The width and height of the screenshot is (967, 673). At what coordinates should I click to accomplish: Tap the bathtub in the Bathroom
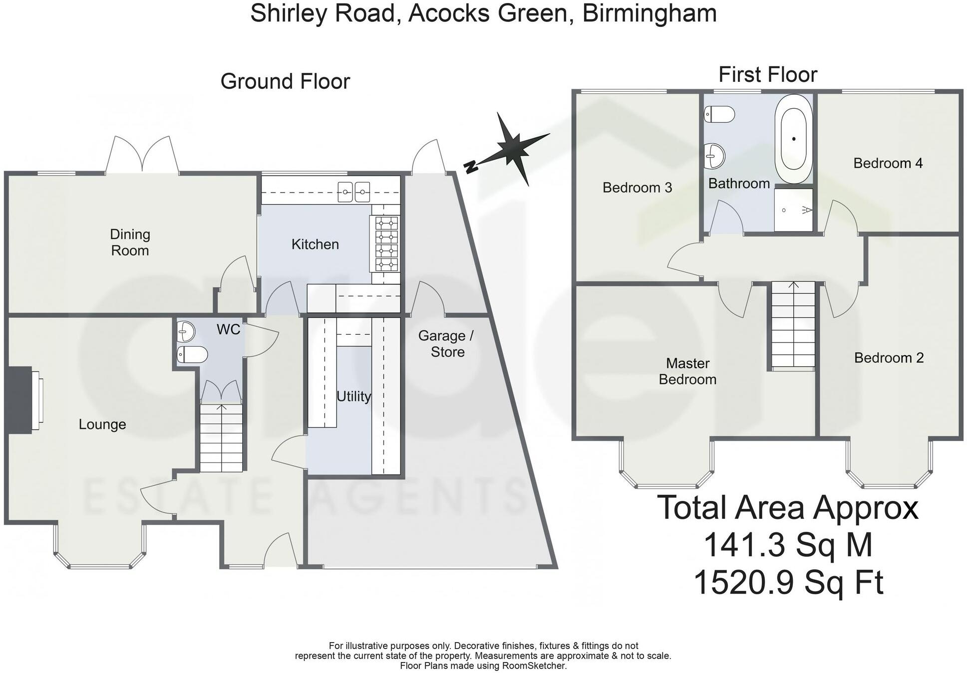click(793, 139)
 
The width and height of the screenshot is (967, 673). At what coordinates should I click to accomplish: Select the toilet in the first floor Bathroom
click(719, 114)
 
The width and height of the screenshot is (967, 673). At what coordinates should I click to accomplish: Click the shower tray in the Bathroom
click(793, 210)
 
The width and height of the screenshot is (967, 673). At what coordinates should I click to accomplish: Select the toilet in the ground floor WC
click(192, 355)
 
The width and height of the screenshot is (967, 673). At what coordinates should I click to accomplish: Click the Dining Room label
click(130, 242)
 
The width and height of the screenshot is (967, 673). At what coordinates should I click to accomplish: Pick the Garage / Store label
click(446, 344)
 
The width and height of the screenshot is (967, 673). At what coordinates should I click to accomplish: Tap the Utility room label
click(353, 397)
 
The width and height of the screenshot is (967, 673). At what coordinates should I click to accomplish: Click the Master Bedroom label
click(687, 371)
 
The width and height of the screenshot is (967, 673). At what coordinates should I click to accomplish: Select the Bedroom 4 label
click(888, 163)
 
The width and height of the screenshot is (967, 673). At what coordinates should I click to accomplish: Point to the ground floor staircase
click(221, 438)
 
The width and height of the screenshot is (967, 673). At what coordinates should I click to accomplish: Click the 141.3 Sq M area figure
click(788, 545)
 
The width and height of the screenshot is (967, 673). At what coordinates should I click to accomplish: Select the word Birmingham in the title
click(649, 13)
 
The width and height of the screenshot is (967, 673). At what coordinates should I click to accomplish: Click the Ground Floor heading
click(285, 81)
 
